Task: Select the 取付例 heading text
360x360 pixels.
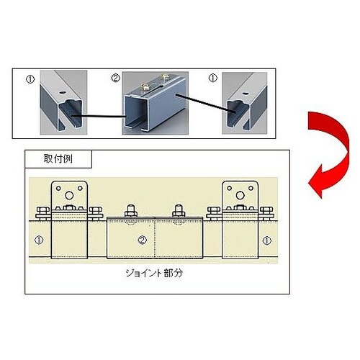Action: pyautogui.click(x=58, y=158)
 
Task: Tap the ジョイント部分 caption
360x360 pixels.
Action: pyautogui.click(x=154, y=273)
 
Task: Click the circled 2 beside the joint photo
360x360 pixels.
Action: pyautogui.click(x=116, y=78)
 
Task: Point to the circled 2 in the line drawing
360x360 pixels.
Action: pyautogui.click(x=143, y=240)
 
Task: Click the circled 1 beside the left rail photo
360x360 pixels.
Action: pyautogui.click(x=30, y=79)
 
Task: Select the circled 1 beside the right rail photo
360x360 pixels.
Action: pyautogui.click(x=213, y=78)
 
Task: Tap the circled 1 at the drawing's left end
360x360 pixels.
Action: pyautogui.click(x=39, y=240)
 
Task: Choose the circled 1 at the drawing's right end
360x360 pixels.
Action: pyautogui.click(x=267, y=240)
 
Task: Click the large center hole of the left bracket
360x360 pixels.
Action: pyautogui.click(x=69, y=195)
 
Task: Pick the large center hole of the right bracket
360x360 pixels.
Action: pyautogui.click(x=240, y=195)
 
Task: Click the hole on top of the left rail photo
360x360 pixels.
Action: pyautogui.click(x=63, y=92)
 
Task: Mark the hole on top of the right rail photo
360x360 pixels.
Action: pyautogui.click(x=246, y=94)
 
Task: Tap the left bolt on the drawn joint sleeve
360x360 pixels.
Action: pyautogui.click(x=131, y=211)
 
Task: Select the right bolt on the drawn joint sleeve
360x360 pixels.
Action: pyautogui.click(x=179, y=211)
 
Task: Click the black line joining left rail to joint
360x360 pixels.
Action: pyautogui.click(x=99, y=117)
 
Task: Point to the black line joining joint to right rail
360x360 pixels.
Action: pyautogui.click(x=205, y=103)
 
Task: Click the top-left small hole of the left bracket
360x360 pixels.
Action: pyautogui.click(x=58, y=189)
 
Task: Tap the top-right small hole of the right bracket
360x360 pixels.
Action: pyautogui.click(x=251, y=189)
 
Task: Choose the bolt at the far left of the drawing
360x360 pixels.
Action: pyautogui.click(x=42, y=213)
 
